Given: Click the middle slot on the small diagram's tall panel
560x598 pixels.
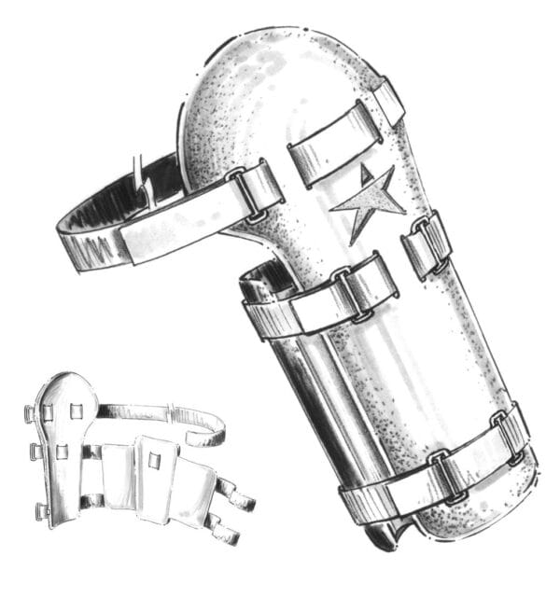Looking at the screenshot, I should (63, 452).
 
